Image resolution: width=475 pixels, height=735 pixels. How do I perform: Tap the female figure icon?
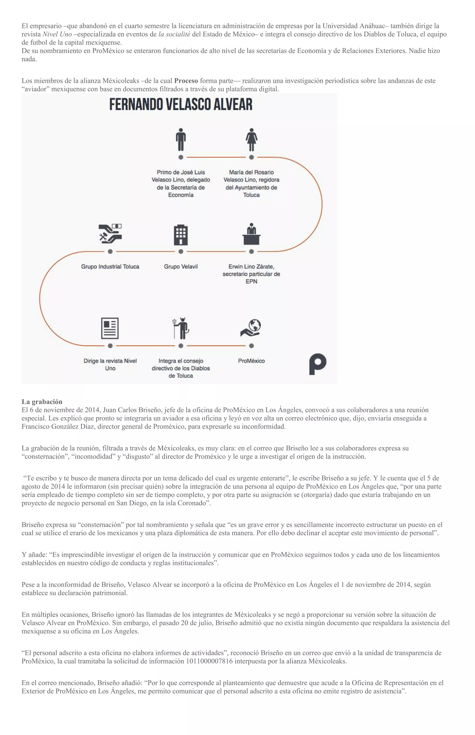(x=251, y=139)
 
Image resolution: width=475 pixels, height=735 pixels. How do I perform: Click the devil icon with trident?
(x=181, y=328)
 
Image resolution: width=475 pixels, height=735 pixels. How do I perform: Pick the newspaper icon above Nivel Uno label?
(x=110, y=328)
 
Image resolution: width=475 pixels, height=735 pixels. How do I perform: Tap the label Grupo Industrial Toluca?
(x=110, y=267)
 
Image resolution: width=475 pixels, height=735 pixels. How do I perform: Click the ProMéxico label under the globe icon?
(x=251, y=361)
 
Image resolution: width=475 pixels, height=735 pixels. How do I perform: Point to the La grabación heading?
(x=42, y=402)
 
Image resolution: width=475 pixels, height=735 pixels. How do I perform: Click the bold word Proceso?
(x=186, y=81)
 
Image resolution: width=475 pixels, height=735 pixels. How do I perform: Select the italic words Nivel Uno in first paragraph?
(x=57, y=34)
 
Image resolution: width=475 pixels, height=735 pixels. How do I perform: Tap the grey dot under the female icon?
(x=251, y=157)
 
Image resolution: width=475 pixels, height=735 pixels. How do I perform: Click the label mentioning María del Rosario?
(x=251, y=183)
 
